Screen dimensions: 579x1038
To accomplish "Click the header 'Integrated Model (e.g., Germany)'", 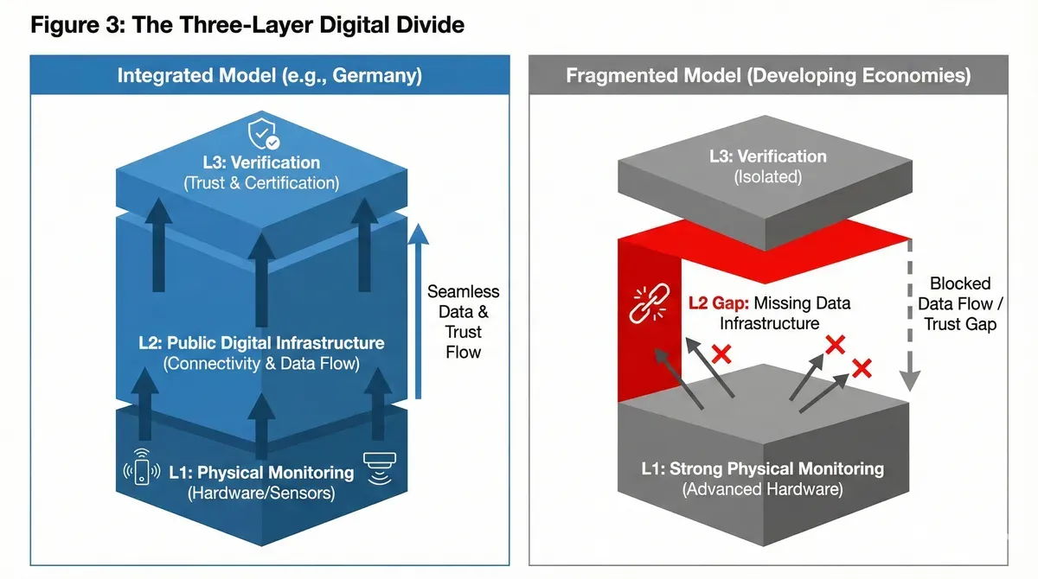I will pos(269,76).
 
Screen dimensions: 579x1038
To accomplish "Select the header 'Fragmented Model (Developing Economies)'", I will pos(768,76).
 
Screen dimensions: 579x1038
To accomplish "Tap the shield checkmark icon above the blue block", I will pos(264,135).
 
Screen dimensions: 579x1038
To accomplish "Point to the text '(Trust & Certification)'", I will pos(260,183).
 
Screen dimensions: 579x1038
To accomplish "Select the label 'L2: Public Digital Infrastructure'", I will pos(261,343).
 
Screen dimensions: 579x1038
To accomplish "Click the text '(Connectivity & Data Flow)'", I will pos(260,364).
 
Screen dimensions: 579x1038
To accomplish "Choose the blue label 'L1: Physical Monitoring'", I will pos(261,473).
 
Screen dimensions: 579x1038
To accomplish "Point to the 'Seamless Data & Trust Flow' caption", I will pos(463,321).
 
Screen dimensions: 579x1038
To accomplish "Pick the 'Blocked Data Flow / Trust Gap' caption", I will pos(959,303).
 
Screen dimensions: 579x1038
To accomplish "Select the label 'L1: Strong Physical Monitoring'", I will pos(762,469).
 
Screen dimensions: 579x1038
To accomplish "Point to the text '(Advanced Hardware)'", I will pos(762,489).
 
